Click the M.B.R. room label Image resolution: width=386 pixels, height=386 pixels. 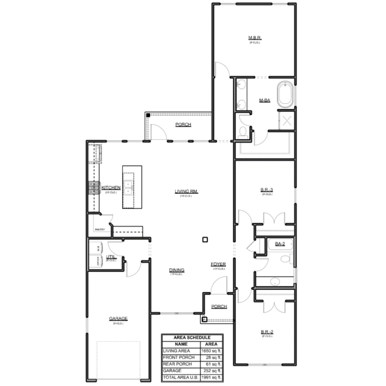255,38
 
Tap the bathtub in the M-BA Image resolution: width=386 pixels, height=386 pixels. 285,95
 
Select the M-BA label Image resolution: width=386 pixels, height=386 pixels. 264,101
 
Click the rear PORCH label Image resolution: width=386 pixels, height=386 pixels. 183,125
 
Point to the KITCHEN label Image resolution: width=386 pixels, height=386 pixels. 111,188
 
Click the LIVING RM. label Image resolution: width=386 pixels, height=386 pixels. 186,192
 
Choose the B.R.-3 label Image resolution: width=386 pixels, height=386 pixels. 267,190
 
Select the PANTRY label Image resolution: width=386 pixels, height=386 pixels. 99,229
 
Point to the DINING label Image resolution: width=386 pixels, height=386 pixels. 176,271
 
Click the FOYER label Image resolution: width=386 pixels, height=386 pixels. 218,264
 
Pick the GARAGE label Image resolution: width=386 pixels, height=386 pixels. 118,318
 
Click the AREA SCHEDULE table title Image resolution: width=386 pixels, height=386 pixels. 192,337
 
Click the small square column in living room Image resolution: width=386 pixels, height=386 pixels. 205,239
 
